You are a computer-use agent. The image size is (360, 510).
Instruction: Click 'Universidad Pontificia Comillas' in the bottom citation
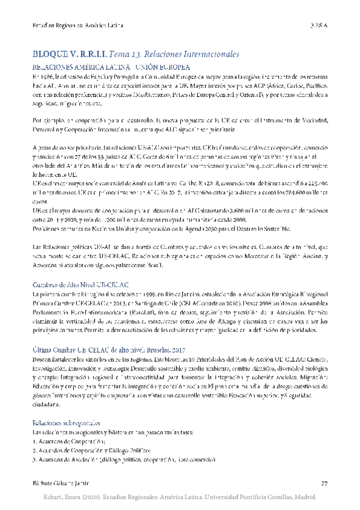tap(258, 497)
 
